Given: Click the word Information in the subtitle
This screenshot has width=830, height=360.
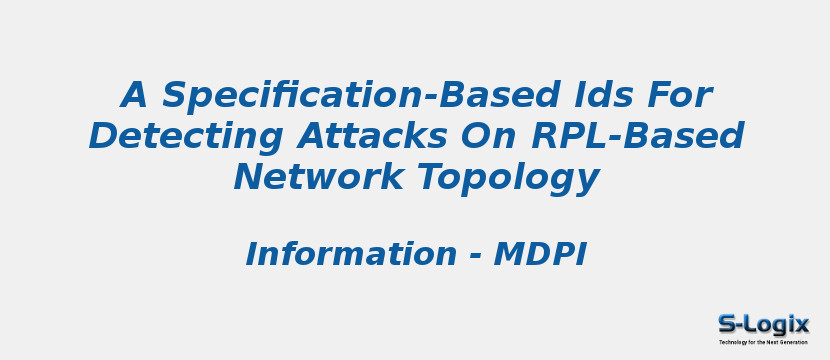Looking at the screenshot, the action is click(351, 255).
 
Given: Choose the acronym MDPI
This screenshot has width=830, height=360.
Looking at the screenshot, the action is click(540, 255).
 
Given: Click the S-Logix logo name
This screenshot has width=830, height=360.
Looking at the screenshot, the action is click(763, 324).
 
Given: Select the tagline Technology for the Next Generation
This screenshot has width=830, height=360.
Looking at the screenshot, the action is click(763, 342).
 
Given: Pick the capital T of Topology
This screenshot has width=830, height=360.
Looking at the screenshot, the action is click(428, 176).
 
